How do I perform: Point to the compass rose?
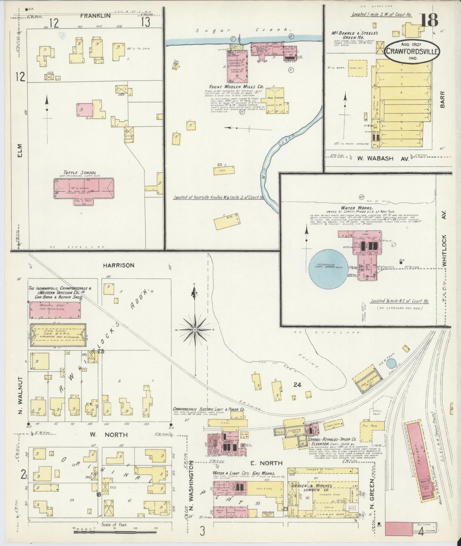click(194, 330)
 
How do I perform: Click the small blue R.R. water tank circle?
click(391, 363)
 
